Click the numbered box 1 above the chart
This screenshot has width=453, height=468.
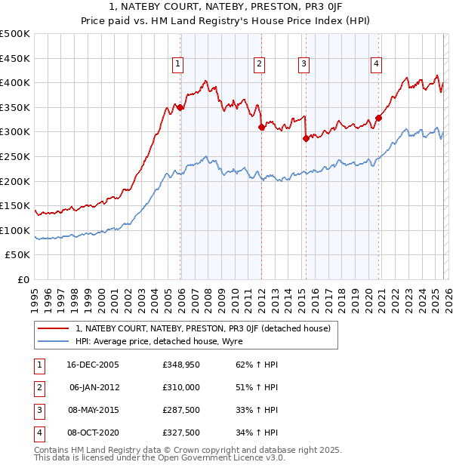pos(177,64)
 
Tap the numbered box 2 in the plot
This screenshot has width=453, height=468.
pos(259,64)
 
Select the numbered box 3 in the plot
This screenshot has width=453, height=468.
pos(304,64)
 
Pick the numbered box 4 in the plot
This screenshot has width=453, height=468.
pos(375,64)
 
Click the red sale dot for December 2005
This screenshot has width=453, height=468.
pos(180,108)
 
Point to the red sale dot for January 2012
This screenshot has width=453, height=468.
pos(261,127)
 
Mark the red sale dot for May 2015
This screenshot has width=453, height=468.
pos(306,138)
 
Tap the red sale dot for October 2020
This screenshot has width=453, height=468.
pos(378,118)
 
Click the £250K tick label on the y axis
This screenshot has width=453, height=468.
pos(15,156)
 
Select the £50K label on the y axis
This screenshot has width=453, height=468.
pos(18,255)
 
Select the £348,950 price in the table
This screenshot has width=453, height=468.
pos(180,365)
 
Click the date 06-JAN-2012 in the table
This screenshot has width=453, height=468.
pos(94,387)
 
